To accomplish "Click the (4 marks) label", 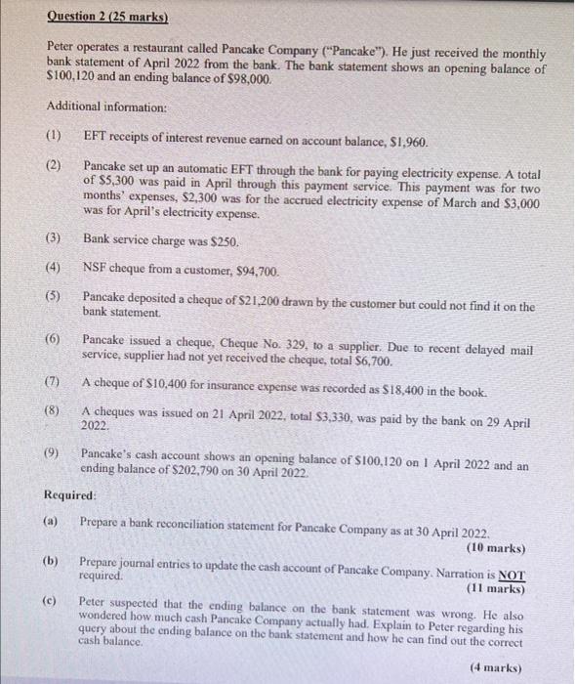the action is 498,667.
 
